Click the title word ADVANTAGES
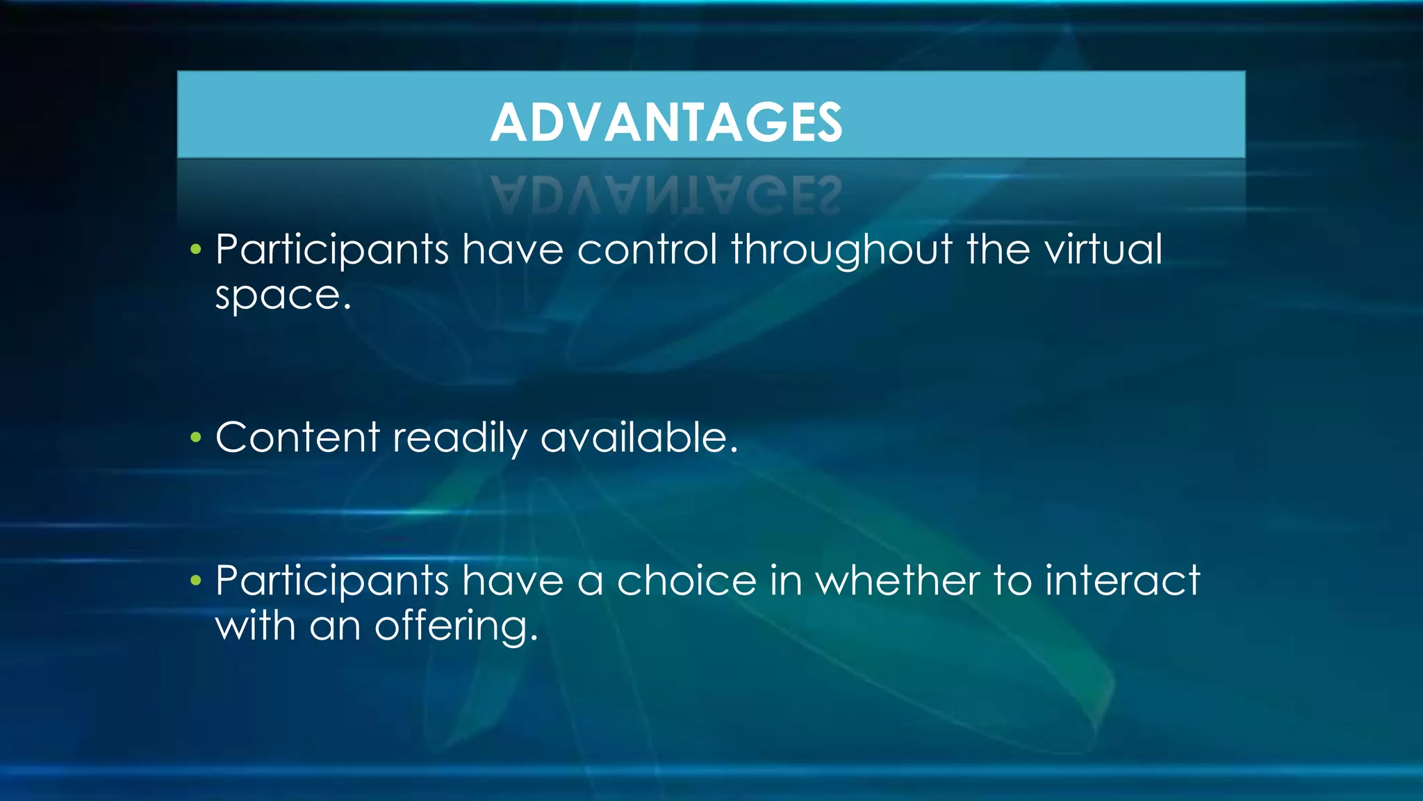666,122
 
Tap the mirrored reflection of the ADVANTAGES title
666,195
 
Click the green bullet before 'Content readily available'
196,438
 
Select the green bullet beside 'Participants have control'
196,250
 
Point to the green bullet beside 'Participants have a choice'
196,581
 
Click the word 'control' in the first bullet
646,249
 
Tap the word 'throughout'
841,249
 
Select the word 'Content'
297,438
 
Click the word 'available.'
639,438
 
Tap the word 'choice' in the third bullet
686,581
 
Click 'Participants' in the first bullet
332,250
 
